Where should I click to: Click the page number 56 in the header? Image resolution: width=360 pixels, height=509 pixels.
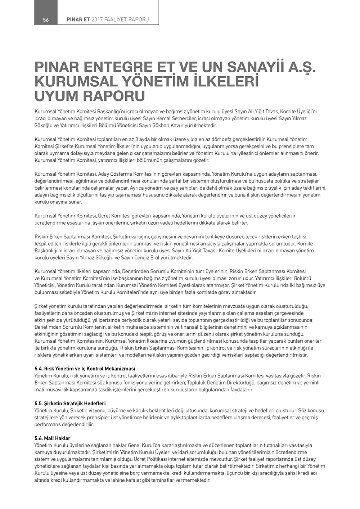pyautogui.click(x=46, y=20)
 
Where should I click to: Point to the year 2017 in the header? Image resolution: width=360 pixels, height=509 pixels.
pyautogui.click(x=97, y=20)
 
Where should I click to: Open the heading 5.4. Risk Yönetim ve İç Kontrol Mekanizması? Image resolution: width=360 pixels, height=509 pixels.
pyautogui.click(x=85, y=369)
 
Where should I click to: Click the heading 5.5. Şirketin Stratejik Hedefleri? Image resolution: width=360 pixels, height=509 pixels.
pyautogui.click(x=70, y=404)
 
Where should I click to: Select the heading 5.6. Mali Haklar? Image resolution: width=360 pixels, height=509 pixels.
pyautogui.click(x=52, y=438)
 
